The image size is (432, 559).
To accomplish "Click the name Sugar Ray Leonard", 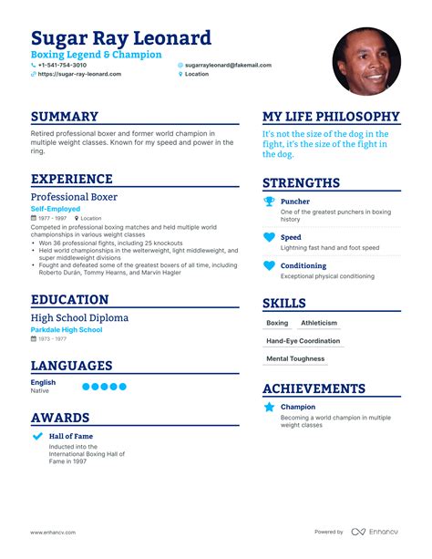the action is (121, 38).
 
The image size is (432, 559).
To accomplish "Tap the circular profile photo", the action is (366, 61).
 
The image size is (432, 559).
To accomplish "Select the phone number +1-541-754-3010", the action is (63, 66).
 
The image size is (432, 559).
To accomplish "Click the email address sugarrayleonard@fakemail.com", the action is (229, 66).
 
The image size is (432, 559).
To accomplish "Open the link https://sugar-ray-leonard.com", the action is (79, 75).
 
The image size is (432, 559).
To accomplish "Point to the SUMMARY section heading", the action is (65, 117).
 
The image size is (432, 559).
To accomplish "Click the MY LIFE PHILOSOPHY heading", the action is (331, 117).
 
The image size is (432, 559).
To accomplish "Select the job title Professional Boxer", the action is (74, 196).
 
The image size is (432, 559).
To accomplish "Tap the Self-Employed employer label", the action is (57, 209).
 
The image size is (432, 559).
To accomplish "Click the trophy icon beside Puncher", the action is (269, 202).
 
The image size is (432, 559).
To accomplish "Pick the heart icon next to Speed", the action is (269, 237).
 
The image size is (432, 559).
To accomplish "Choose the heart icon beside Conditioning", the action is (269, 266).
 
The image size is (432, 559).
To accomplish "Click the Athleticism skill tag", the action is (319, 323).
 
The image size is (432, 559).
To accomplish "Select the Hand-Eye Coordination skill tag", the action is (303, 341).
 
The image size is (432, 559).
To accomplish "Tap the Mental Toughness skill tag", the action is (295, 359).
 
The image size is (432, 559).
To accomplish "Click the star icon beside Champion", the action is (269, 408).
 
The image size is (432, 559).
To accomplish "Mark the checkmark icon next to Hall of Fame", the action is (37, 437).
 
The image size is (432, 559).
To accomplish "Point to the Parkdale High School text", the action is (67, 329).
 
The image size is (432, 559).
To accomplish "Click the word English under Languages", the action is (43, 383).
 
